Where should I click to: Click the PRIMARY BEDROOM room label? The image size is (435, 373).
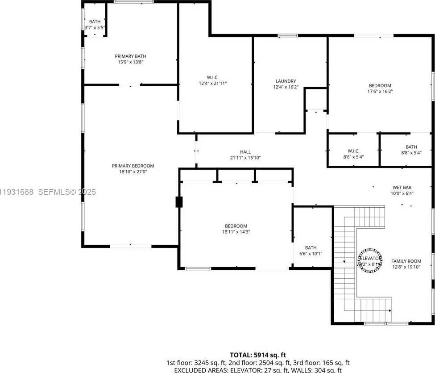click(133, 166)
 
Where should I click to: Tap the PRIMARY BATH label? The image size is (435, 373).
click(130, 56)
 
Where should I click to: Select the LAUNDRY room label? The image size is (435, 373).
click(286, 81)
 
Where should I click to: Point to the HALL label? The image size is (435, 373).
click(245, 152)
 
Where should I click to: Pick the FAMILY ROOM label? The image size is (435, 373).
click(406, 261)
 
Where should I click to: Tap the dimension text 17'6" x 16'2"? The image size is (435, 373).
click(380, 92)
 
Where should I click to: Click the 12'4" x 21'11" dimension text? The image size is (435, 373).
click(213, 83)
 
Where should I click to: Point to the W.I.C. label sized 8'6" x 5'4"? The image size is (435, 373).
click(353, 151)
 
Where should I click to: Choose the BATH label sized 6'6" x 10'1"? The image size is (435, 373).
click(311, 247)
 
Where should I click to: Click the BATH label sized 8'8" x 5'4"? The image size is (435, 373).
click(411, 147)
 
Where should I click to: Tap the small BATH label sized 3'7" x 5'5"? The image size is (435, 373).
click(95, 21)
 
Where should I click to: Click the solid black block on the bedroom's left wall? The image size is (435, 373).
click(179, 202)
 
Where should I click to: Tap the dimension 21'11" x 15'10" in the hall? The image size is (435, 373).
click(245, 158)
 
